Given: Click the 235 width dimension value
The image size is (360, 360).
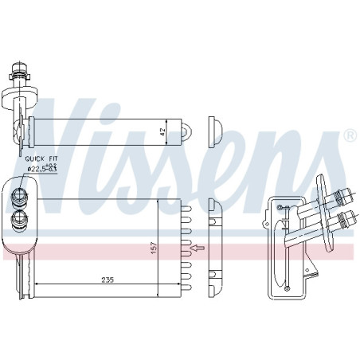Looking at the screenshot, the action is click(108, 280).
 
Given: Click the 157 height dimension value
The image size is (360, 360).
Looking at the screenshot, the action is click(155, 248).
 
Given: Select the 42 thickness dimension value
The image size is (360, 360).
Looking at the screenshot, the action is click(162, 132).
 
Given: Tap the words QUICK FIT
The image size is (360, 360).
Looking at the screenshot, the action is click(41, 158).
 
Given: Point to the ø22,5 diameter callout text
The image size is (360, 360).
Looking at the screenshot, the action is click(42, 168).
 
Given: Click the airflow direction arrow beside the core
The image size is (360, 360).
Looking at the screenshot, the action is click(198, 248).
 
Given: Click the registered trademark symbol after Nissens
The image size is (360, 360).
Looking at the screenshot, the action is click(350, 135).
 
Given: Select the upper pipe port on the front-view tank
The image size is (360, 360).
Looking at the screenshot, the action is click(18, 196).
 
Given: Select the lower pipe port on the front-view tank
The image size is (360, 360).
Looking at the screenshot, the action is click(18, 219).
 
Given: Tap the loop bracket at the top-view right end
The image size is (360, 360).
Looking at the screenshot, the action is click(186, 131).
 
